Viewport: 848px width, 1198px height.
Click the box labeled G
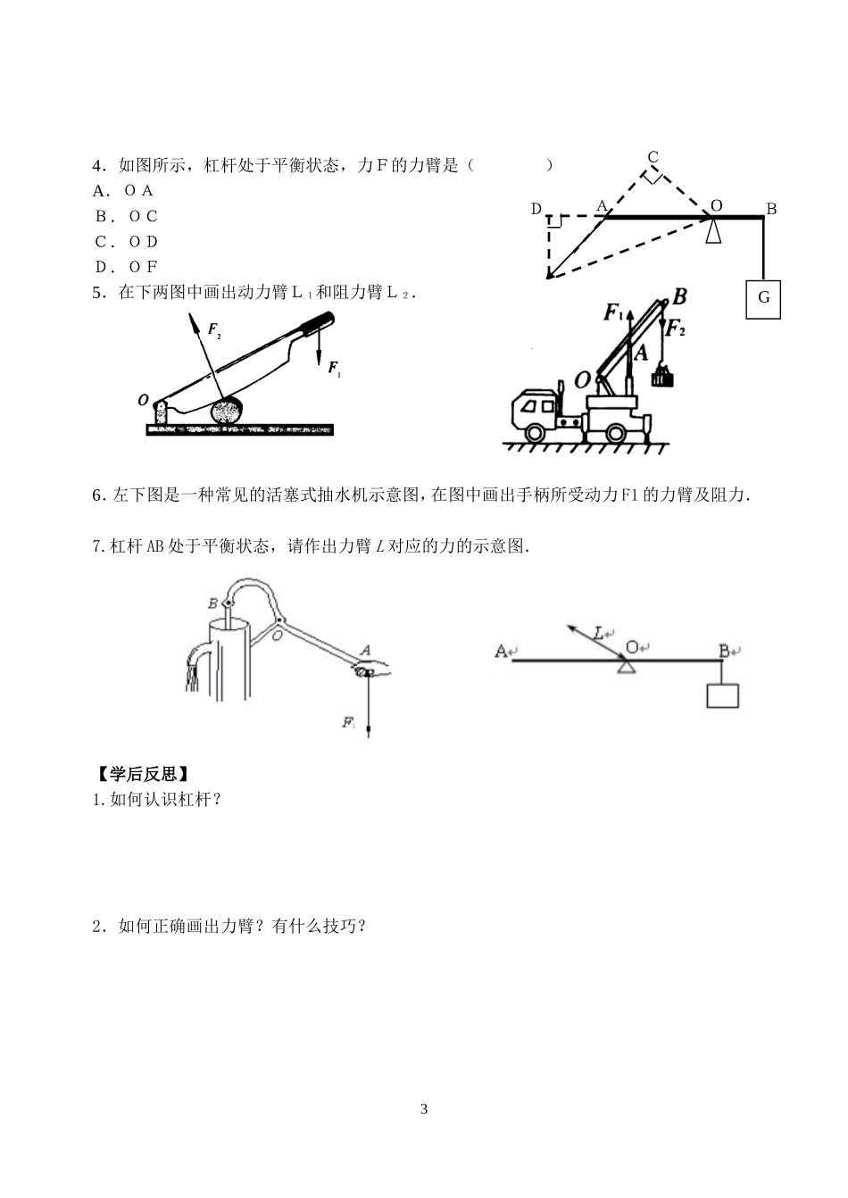[x=763, y=297]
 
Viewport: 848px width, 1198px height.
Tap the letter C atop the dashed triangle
[x=653, y=158]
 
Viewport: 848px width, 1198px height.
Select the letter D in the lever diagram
[x=536, y=209]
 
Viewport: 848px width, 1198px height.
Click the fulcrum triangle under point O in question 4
[x=713, y=231]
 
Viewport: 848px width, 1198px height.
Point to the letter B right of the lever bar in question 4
[x=771, y=209]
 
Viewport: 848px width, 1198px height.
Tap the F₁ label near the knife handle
[x=333, y=367]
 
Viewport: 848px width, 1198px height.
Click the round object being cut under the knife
[x=228, y=412]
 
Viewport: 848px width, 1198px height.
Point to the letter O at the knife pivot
[x=143, y=401]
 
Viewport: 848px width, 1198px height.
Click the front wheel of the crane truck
[x=535, y=433]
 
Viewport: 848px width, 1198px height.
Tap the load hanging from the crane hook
[x=661, y=377]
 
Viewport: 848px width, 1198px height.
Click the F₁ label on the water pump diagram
[x=349, y=722]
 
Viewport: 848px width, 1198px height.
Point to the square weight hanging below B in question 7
[x=722, y=695]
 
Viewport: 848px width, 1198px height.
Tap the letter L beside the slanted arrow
[x=599, y=633]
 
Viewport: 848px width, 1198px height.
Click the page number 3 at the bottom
[x=424, y=1110]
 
